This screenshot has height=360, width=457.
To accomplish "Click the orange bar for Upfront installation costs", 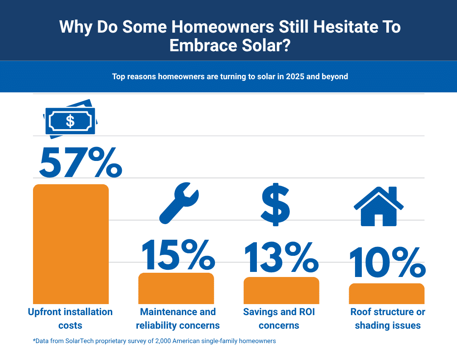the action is [71, 244].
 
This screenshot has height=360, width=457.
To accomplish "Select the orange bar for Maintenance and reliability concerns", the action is [176, 288].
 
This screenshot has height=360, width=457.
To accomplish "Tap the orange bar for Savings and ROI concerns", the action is [281, 290].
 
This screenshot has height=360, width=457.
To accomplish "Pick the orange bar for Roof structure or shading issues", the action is [386, 294].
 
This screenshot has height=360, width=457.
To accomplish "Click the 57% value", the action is [81, 162].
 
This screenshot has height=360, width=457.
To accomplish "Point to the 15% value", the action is [179, 255].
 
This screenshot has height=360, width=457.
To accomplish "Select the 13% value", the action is [281, 257].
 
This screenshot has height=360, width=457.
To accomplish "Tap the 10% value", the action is [387, 262].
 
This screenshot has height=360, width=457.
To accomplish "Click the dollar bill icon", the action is [70, 119].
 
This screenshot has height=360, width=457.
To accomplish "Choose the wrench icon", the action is [179, 203].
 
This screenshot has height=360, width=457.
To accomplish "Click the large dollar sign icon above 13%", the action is [275, 205].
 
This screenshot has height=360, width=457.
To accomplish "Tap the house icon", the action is [379, 206].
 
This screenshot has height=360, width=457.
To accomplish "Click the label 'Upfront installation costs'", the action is [70, 318].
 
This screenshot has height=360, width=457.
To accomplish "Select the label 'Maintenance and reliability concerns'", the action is [178, 318].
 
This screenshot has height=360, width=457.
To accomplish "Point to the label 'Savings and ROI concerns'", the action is [279, 318].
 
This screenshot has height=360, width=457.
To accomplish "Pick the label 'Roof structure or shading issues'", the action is [388, 318].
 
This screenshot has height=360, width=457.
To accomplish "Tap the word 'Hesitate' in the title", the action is [346, 27].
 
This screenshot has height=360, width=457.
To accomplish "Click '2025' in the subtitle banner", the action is [295, 76].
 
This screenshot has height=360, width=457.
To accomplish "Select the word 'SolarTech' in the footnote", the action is [80, 341].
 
